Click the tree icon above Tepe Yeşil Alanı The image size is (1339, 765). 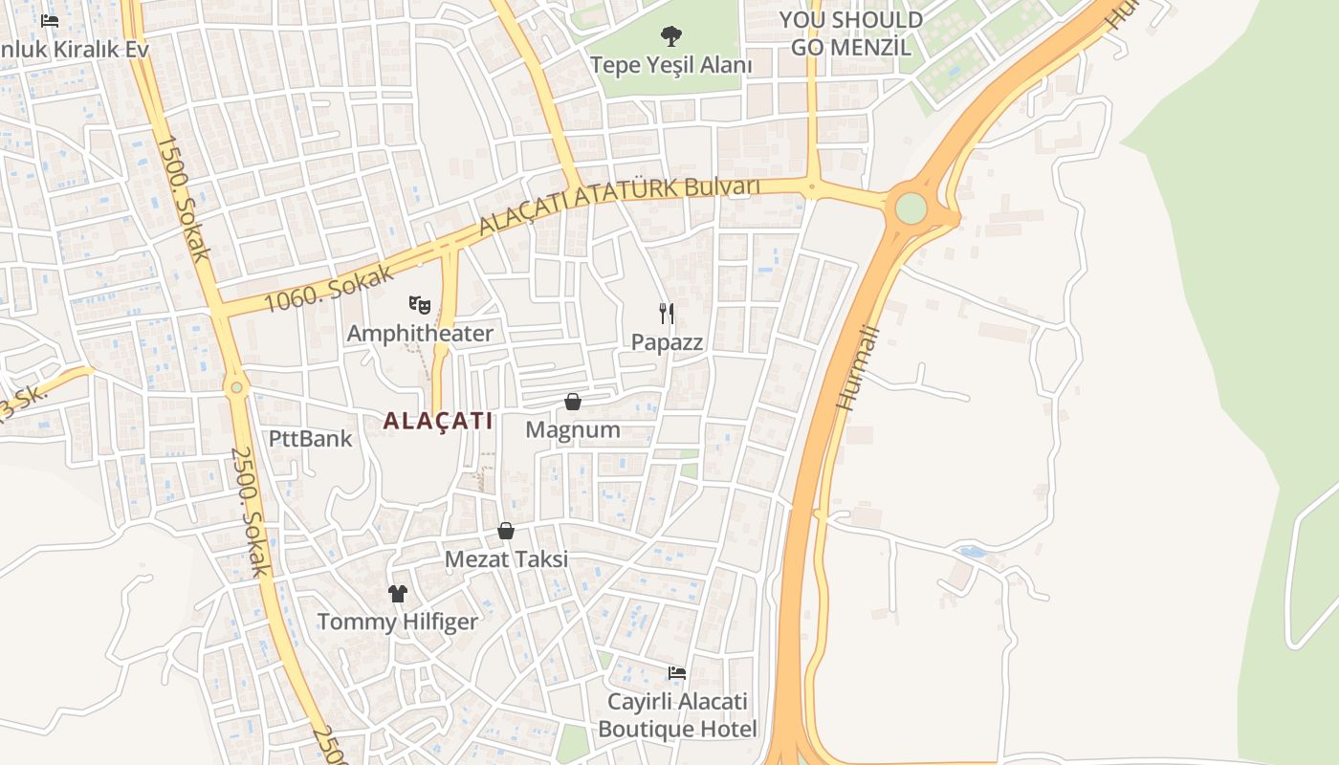(x=671, y=36)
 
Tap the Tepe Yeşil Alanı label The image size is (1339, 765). (x=670, y=65)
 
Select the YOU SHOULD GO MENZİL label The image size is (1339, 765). (x=850, y=33)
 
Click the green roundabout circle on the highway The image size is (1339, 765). (x=911, y=208)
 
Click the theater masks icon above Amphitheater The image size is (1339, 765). (x=419, y=305)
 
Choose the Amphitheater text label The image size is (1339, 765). (x=420, y=334)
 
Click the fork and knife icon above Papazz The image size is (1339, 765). (x=667, y=313)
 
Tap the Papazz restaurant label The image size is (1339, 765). (x=667, y=342)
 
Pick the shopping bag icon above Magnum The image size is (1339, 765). (x=573, y=402)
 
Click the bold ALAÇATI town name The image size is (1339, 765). (x=438, y=421)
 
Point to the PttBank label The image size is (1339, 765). (x=310, y=439)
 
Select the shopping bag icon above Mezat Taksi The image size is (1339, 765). (x=506, y=531)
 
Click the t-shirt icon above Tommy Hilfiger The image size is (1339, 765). (x=398, y=594)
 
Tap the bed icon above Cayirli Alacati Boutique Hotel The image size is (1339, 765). (x=677, y=673)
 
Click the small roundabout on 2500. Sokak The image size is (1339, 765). (x=236, y=387)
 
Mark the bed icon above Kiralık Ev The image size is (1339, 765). (x=50, y=20)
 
